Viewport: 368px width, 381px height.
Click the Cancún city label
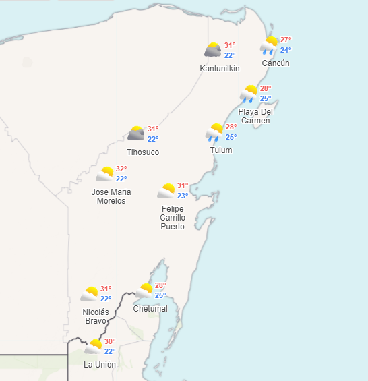click(276, 63)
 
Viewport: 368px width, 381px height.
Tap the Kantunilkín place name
click(220, 69)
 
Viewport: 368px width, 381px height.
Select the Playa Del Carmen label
click(255, 116)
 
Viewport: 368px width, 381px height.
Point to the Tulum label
click(220, 150)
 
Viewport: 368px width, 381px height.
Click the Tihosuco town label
click(143, 152)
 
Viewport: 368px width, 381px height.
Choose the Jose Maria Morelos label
click(111, 196)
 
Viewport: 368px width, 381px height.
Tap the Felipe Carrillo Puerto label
click(173, 217)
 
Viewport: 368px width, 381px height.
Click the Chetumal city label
click(150, 309)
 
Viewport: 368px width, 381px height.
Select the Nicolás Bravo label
click(95, 316)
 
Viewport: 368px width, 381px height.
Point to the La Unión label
click(100, 365)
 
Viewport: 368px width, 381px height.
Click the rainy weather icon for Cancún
click(270, 45)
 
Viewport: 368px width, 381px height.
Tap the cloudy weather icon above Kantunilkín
click(214, 50)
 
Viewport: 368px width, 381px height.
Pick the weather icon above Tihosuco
click(136, 134)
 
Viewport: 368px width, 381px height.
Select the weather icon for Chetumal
click(144, 291)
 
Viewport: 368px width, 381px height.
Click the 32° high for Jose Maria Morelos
click(121, 169)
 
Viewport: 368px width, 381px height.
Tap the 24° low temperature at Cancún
click(286, 50)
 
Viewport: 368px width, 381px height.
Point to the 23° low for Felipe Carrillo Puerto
click(183, 196)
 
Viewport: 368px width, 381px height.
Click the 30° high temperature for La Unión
click(110, 341)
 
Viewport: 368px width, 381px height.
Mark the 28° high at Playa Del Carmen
click(266, 89)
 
